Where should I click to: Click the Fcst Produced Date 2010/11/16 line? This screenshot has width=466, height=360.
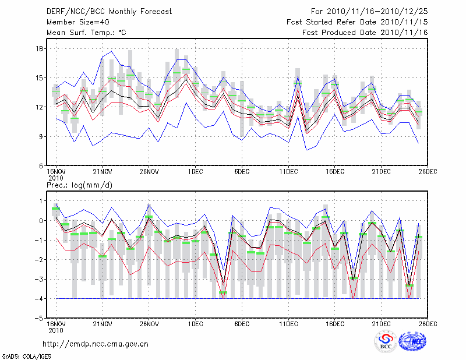tap(365, 32)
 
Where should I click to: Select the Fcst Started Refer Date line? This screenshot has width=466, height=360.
tap(357, 22)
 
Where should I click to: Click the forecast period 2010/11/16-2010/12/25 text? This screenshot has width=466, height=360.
tap(369, 11)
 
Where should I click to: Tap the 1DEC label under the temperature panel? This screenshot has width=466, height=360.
tap(195, 172)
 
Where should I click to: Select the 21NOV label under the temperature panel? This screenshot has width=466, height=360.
tap(103, 172)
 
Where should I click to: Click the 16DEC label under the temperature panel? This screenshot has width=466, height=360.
tap(334, 172)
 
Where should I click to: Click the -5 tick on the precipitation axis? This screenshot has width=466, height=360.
tap(40, 319)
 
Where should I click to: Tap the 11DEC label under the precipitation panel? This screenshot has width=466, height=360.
tap(288, 324)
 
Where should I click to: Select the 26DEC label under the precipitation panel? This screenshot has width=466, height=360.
tap(428, 324)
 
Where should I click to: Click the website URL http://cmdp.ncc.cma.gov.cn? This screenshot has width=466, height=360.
tap(96, 344)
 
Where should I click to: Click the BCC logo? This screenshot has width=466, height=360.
tap(386, 342)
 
